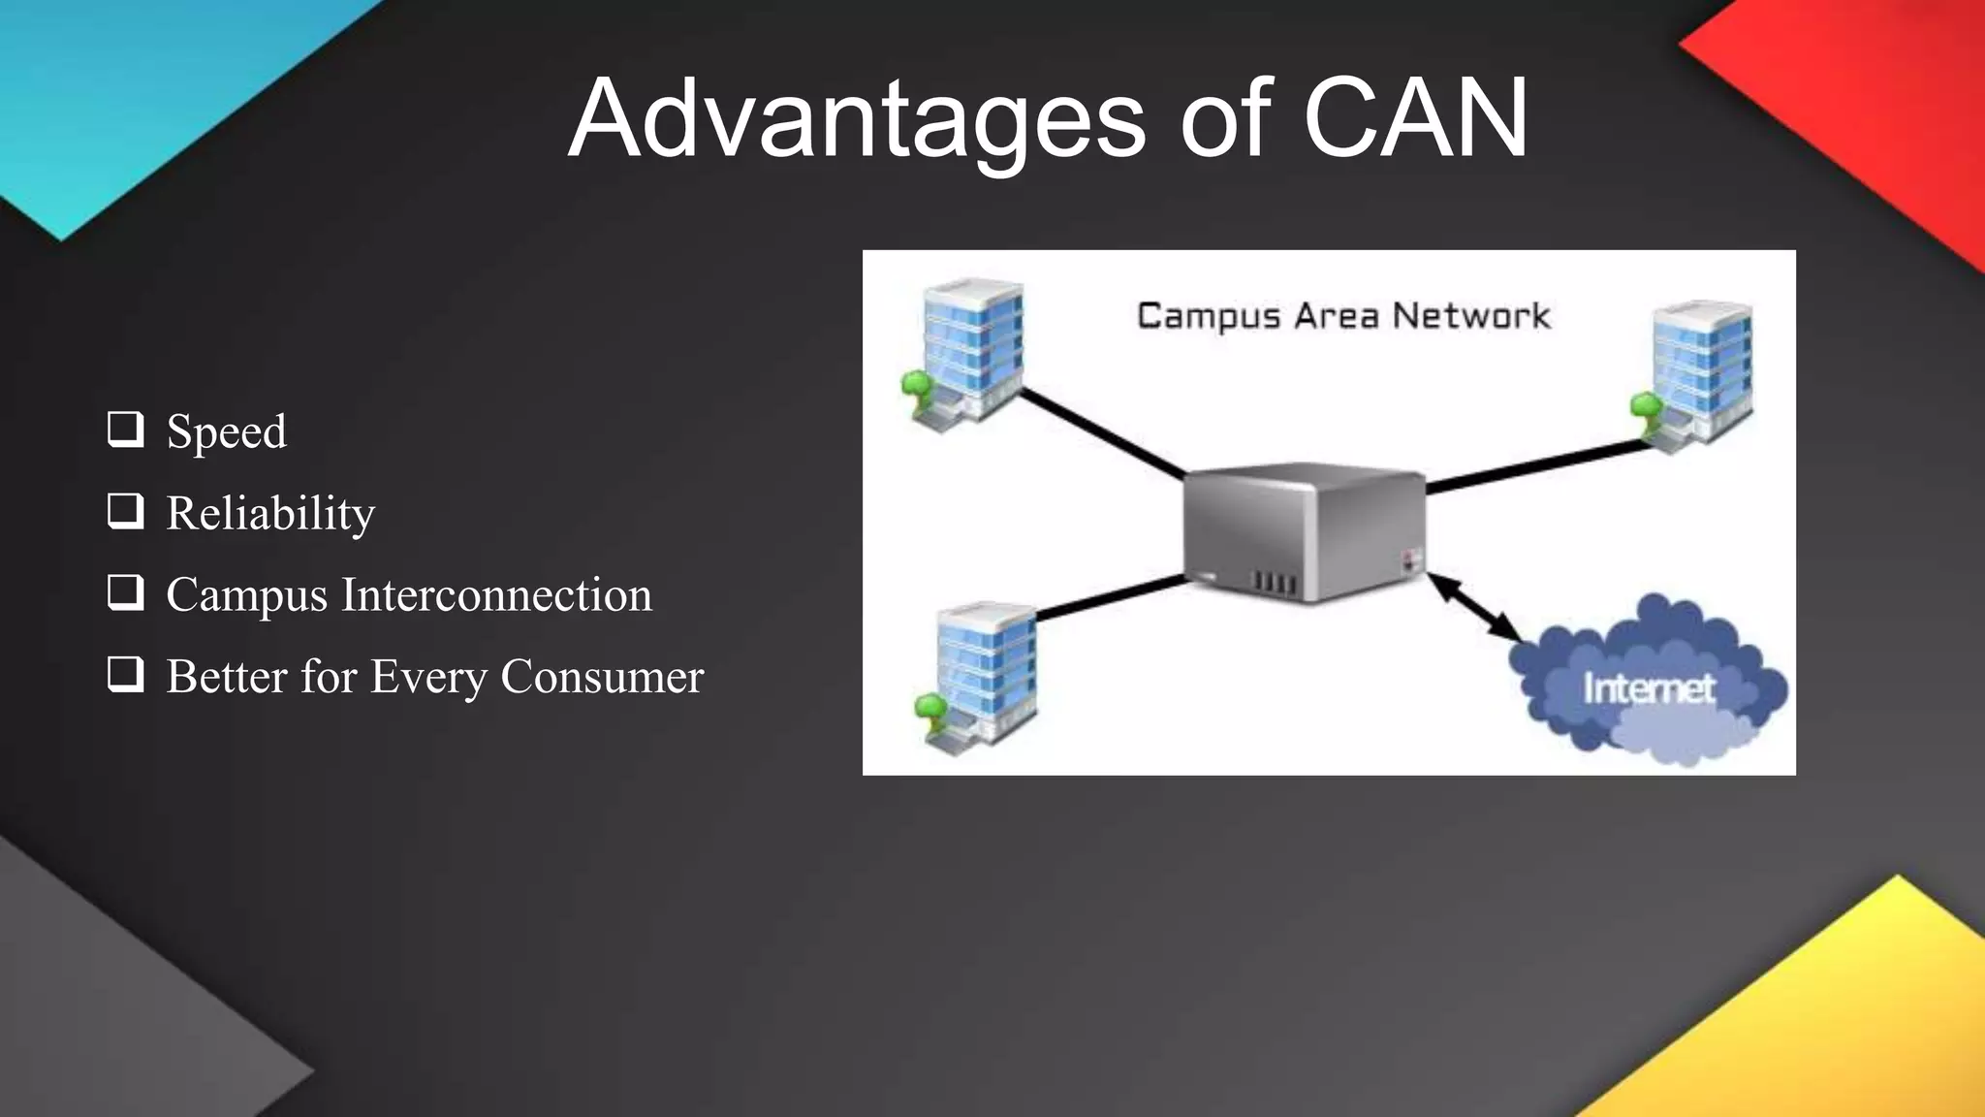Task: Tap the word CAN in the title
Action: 1415,118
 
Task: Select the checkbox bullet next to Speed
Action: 125,429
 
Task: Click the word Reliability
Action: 270,513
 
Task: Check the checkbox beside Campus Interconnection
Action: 125,591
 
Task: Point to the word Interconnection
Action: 496,594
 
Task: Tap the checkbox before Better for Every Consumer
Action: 125,673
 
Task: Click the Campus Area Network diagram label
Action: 1343,316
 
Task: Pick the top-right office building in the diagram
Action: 1701,373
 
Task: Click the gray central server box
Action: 1304,531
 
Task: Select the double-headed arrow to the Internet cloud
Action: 1474,607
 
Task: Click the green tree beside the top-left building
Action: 916,388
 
